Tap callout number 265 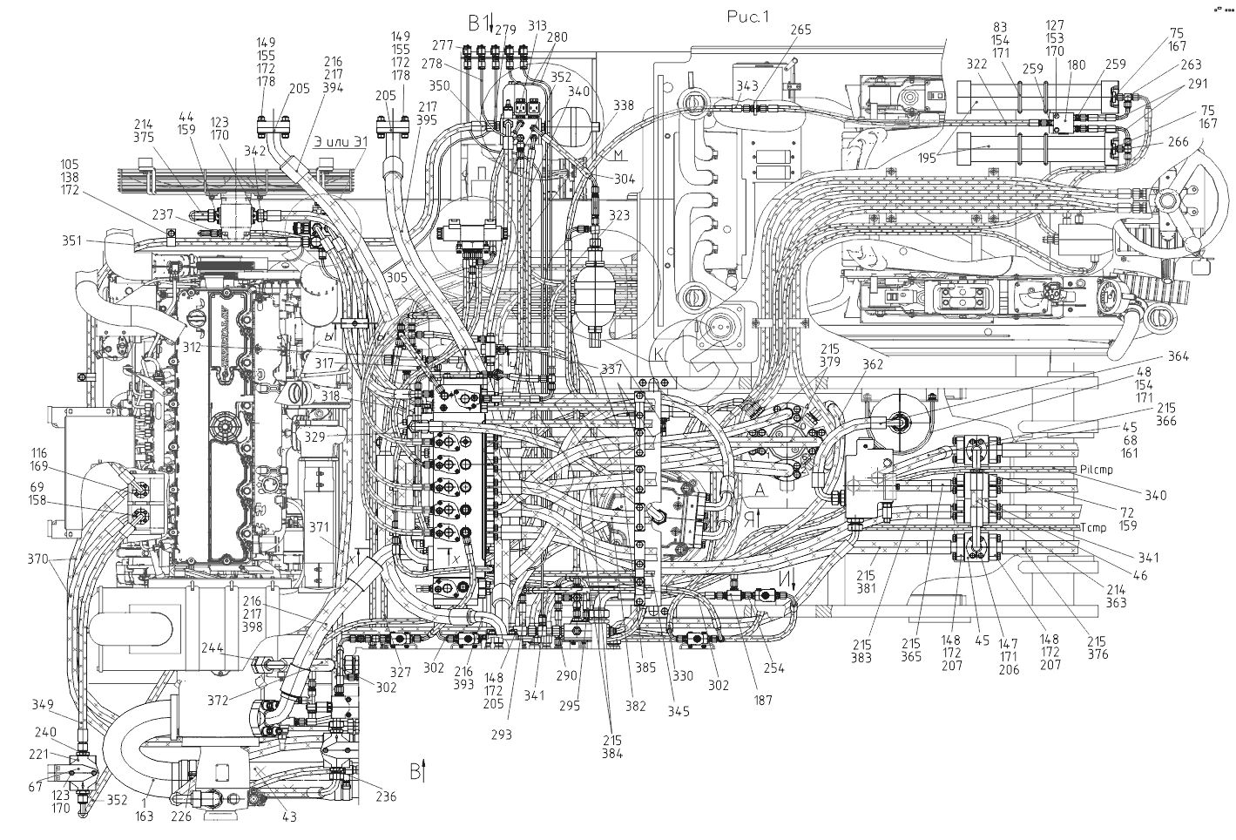click(x=800, y=30)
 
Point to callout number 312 click(x=192, y=347)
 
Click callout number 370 click(x=38, y=559)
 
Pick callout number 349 click(x=42, y=704)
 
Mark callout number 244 click(x=211, y=648)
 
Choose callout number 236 click(x=385, y=796)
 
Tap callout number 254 click(x=773, y=668)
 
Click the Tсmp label click(x=1093, y=528)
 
